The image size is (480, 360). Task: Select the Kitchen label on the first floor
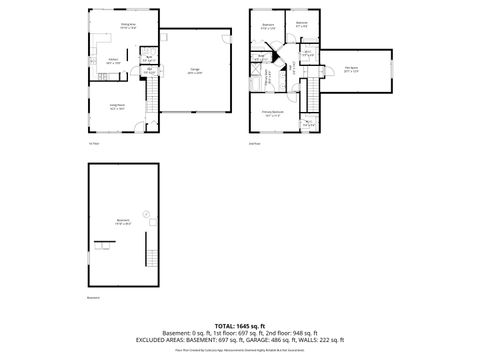point(114,61)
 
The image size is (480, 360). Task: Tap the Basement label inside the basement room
point(123,222)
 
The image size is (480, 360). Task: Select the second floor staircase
point(310,97)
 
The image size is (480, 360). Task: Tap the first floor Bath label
point(147,57)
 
